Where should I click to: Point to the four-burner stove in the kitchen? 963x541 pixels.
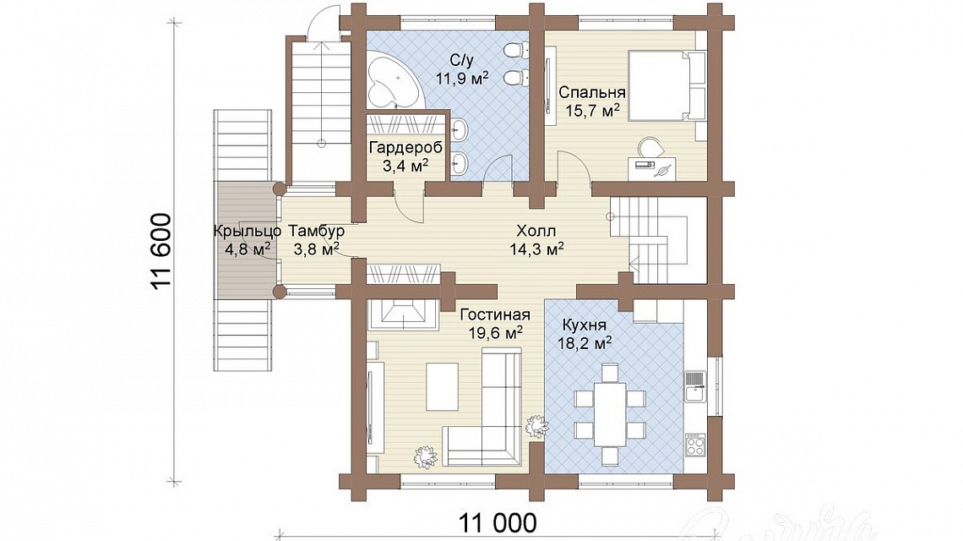click(x=695, y=445)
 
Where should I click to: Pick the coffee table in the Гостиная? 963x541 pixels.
click(x=442, y=386)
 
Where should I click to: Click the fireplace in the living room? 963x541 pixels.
click(x=403, y=314)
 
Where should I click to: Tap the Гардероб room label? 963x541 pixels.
click(x=405, y=148)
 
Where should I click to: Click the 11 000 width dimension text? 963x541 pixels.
click(x=498, y=523)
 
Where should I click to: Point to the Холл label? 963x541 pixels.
click(x=536, y=231)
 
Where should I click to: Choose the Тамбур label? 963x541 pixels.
click(x=316, y=231)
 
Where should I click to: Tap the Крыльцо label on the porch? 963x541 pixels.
click(x=248, y=231)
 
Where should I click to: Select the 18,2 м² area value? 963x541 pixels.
click(x=584, y=343)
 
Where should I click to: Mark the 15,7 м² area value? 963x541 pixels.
click(x=592, y=111)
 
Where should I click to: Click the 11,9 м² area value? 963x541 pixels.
click(x=462, y=78)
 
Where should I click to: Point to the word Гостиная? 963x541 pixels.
click(x=494, y=314)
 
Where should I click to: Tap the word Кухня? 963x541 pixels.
click(x=584, y=325)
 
